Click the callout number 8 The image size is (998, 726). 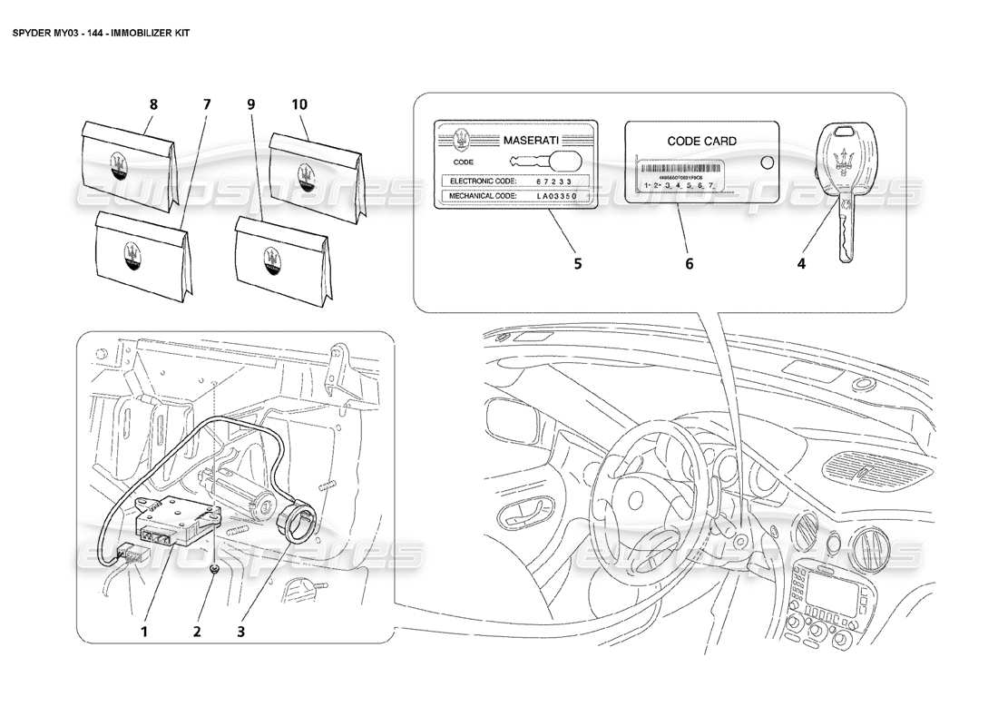[152, 104]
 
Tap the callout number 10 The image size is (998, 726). [299, 104]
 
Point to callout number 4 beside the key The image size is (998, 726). [801, 264]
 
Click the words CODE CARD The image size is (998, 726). [701, 141]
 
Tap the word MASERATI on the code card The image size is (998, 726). [531, 142]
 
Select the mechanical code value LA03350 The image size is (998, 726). [563, 195]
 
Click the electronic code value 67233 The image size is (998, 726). [555, 181]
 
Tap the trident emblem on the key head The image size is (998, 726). [843, 152]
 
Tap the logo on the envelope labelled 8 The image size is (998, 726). [118, 164]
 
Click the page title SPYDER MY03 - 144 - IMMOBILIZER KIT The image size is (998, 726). [101, 30]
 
